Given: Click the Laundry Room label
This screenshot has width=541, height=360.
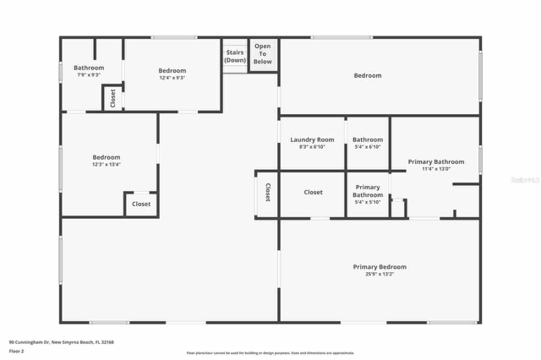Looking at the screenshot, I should point(312,140).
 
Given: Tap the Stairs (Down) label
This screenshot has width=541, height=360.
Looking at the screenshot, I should point(235,56).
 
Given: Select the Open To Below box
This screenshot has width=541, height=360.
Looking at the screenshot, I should point(262,54).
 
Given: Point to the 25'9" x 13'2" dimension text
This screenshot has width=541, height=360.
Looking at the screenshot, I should point(379,274).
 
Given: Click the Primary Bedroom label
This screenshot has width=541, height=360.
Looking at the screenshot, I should point(380,267).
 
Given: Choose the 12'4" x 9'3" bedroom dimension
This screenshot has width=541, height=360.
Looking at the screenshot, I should point(172,78).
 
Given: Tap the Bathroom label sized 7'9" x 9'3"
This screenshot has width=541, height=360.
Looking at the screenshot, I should point(89,68).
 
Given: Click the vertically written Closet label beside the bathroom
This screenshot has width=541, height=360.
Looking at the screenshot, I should point(113,98).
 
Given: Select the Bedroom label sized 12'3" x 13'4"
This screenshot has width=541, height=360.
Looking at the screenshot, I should point(107,157).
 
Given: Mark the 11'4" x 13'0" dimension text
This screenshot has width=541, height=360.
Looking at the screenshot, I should point(436,169).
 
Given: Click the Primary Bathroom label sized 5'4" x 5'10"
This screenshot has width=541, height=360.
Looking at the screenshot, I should point(368,191).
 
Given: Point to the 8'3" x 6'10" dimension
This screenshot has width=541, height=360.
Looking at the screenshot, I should point(312,147).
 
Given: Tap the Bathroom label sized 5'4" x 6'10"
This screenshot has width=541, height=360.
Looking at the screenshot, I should point(368,140).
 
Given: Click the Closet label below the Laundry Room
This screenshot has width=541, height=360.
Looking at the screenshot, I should point(313,192).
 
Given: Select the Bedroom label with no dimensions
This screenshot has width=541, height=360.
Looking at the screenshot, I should point(368,76).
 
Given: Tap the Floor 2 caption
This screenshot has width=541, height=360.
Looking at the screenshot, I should point(16,351).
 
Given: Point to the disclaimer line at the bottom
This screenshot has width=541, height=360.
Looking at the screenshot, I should point(270,353).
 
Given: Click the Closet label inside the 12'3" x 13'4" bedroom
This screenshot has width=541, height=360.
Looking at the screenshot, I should point(141,204).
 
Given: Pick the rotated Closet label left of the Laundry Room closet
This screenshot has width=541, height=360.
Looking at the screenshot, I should point(268,192).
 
